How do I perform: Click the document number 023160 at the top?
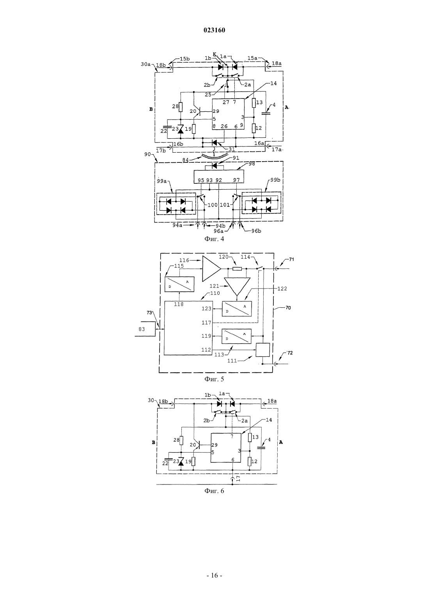(214, 30)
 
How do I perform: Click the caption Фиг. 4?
(214, 239)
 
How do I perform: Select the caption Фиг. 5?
(214, 379)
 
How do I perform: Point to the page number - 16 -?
(214, 576)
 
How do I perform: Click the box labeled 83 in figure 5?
(145, 329)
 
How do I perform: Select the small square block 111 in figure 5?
(263, 350)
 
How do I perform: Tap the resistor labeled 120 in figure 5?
(237, 269)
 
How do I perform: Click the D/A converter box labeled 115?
(179, 284)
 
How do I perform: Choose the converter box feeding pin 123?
(237, 309)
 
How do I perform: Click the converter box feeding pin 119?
(236, 336)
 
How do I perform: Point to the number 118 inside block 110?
(179, 304)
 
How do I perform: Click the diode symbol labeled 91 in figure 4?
(214, 165)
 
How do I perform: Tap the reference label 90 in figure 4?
(147, 154)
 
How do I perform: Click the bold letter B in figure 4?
(151, 109)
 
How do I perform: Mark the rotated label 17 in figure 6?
(238, 479)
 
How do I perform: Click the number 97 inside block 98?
(236, 180)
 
